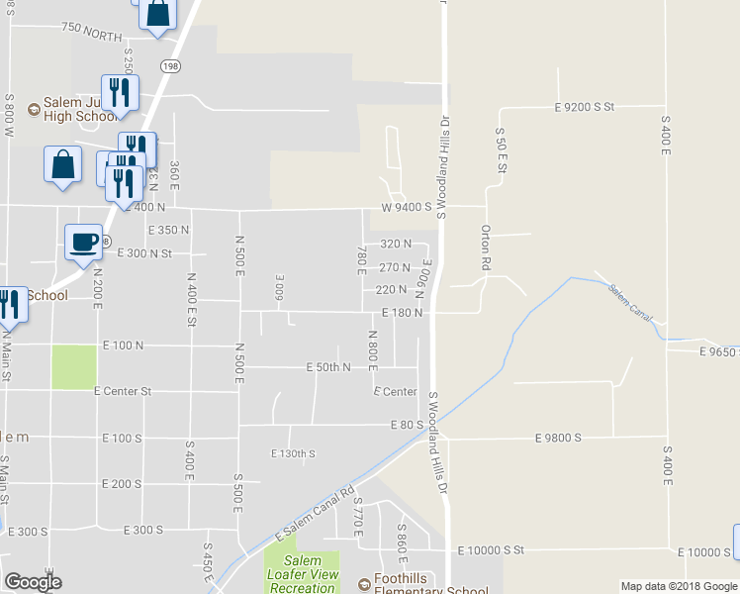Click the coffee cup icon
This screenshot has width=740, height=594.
[84, 241]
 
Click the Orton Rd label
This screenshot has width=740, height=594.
[486, 247]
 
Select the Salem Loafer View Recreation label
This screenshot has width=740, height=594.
[302, 574]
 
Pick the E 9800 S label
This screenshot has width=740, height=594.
[558, 437]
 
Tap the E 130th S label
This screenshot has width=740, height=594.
[293, 453]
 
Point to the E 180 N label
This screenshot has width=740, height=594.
[402, 313]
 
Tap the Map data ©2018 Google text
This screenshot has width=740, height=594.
[678, 586]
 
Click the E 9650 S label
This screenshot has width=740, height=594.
[718, 351]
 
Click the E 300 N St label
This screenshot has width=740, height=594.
[144, 253]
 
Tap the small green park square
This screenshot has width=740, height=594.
[74, 366]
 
